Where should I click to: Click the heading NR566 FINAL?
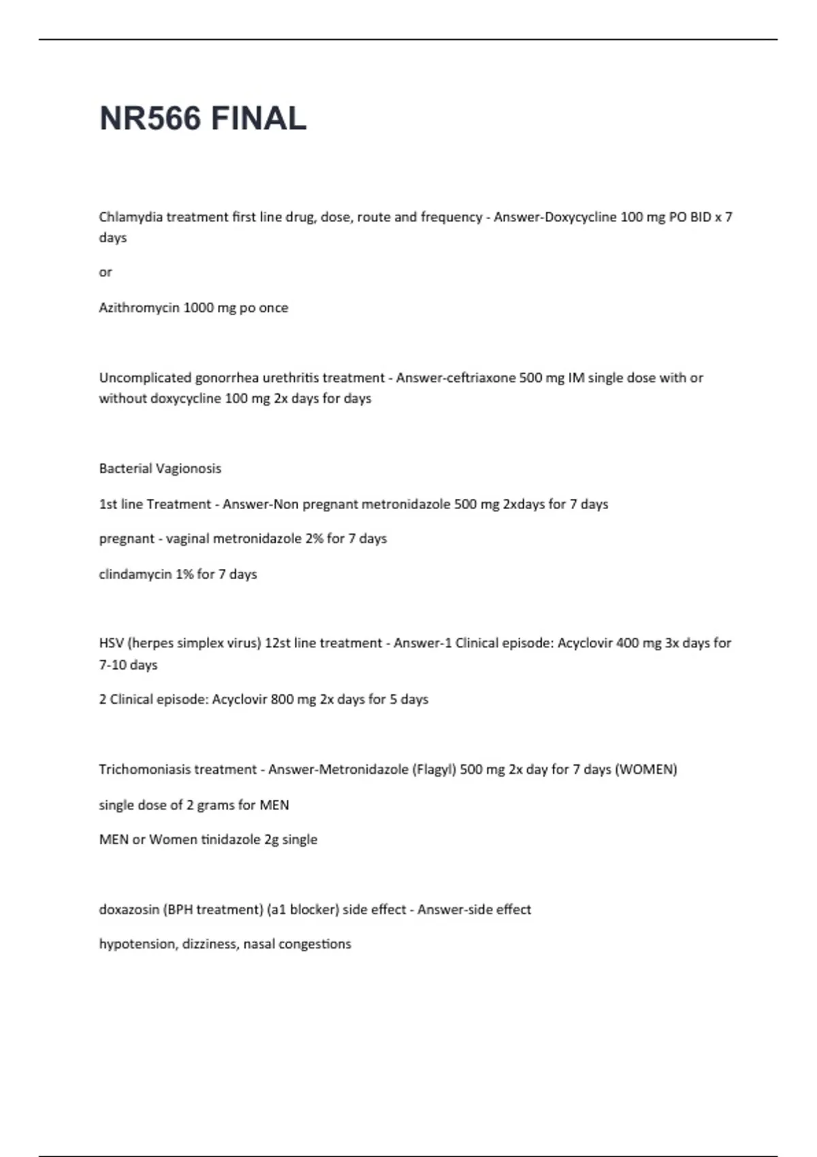click(x=203, y=118)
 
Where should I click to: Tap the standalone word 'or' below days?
click(x=106, y=272)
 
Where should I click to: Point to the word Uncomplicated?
click(x=144, y=378)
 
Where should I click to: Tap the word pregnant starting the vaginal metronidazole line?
click(x=127, y=539)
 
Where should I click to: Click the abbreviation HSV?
click(x=111, y=643)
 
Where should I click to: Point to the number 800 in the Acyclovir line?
click(x=282, y=700)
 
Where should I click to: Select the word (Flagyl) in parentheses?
click(x=434, y=770)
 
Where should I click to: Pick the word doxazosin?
click(x=129, y=910)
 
